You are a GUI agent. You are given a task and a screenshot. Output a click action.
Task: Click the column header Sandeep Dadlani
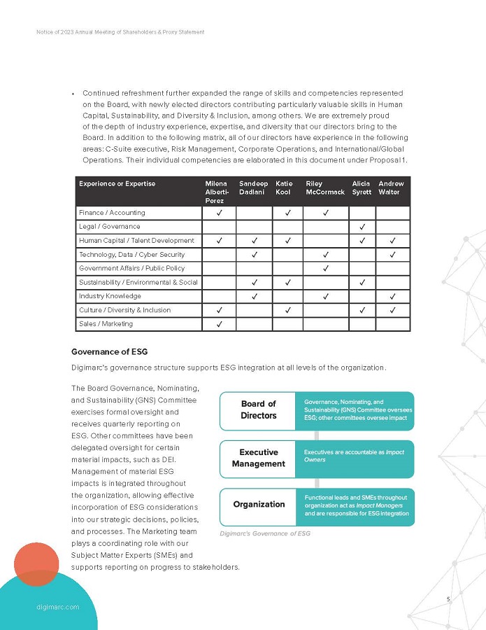(253, 188)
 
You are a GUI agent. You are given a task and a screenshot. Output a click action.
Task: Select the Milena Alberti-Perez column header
(216, 192)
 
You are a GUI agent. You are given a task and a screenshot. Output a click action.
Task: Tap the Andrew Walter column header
(391, 188)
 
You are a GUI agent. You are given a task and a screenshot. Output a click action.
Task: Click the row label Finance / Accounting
(112, 213)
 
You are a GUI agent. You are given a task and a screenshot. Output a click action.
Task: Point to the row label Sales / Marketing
(106, 324)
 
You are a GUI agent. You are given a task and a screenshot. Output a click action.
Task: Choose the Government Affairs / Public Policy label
(131, 268)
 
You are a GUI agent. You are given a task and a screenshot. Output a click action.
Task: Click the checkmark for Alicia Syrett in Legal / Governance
(362, 227)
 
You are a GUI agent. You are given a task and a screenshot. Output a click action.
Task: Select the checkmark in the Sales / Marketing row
(220, 324)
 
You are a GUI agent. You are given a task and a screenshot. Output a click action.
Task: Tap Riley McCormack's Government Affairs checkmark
(326, 269)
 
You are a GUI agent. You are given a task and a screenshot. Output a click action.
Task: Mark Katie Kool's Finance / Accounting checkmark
(287, 213)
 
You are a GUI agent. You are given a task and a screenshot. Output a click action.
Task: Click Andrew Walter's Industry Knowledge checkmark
(393, 296)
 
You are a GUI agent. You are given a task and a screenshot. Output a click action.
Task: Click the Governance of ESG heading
(109, 351)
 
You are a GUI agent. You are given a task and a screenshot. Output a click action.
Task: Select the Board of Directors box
(258, 410)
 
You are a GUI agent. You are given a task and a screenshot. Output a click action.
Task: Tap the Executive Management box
(258, 458)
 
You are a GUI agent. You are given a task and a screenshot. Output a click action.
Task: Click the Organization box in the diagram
(258, 505)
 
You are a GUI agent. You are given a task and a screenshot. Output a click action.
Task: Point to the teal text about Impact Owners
(354, 456)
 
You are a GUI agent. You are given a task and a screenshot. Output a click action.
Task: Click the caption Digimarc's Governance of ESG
(265, 533)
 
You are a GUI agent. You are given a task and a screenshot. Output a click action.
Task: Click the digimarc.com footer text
(57, 607)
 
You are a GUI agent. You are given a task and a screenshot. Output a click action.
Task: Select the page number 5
(448, 599)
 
